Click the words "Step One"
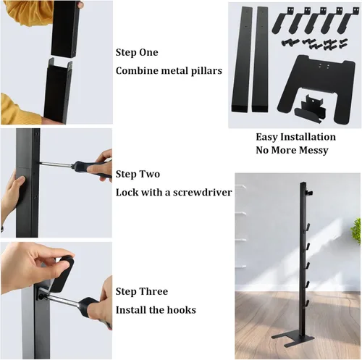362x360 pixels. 137,52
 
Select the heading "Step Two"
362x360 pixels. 138,174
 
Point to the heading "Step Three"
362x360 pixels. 142,291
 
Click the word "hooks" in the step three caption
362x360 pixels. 182,310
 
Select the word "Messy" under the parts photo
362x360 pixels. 313,151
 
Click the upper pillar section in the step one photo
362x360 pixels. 65,29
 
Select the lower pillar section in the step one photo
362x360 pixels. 58,91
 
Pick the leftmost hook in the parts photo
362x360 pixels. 282,22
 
